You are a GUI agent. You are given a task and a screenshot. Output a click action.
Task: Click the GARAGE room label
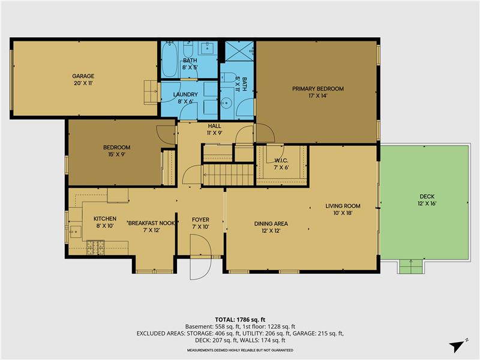(83, 76)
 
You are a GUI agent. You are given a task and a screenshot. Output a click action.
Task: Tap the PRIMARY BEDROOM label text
(318, 89)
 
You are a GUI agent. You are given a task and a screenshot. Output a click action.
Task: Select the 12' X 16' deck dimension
(427, 203)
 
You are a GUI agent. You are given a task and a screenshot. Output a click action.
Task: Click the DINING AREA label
(271, 223)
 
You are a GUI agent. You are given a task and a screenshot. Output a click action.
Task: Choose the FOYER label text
(200, 220)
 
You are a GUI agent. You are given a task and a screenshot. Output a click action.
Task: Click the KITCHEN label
(104, 218)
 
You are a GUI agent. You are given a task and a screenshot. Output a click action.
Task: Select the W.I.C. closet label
(281, 160)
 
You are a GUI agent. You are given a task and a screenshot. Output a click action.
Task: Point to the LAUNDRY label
(185, 95)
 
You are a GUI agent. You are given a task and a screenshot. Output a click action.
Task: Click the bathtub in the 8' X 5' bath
(169, 59)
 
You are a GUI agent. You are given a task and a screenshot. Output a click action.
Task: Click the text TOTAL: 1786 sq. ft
(240, 319)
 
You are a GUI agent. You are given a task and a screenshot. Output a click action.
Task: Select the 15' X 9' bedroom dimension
(116, 154)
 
